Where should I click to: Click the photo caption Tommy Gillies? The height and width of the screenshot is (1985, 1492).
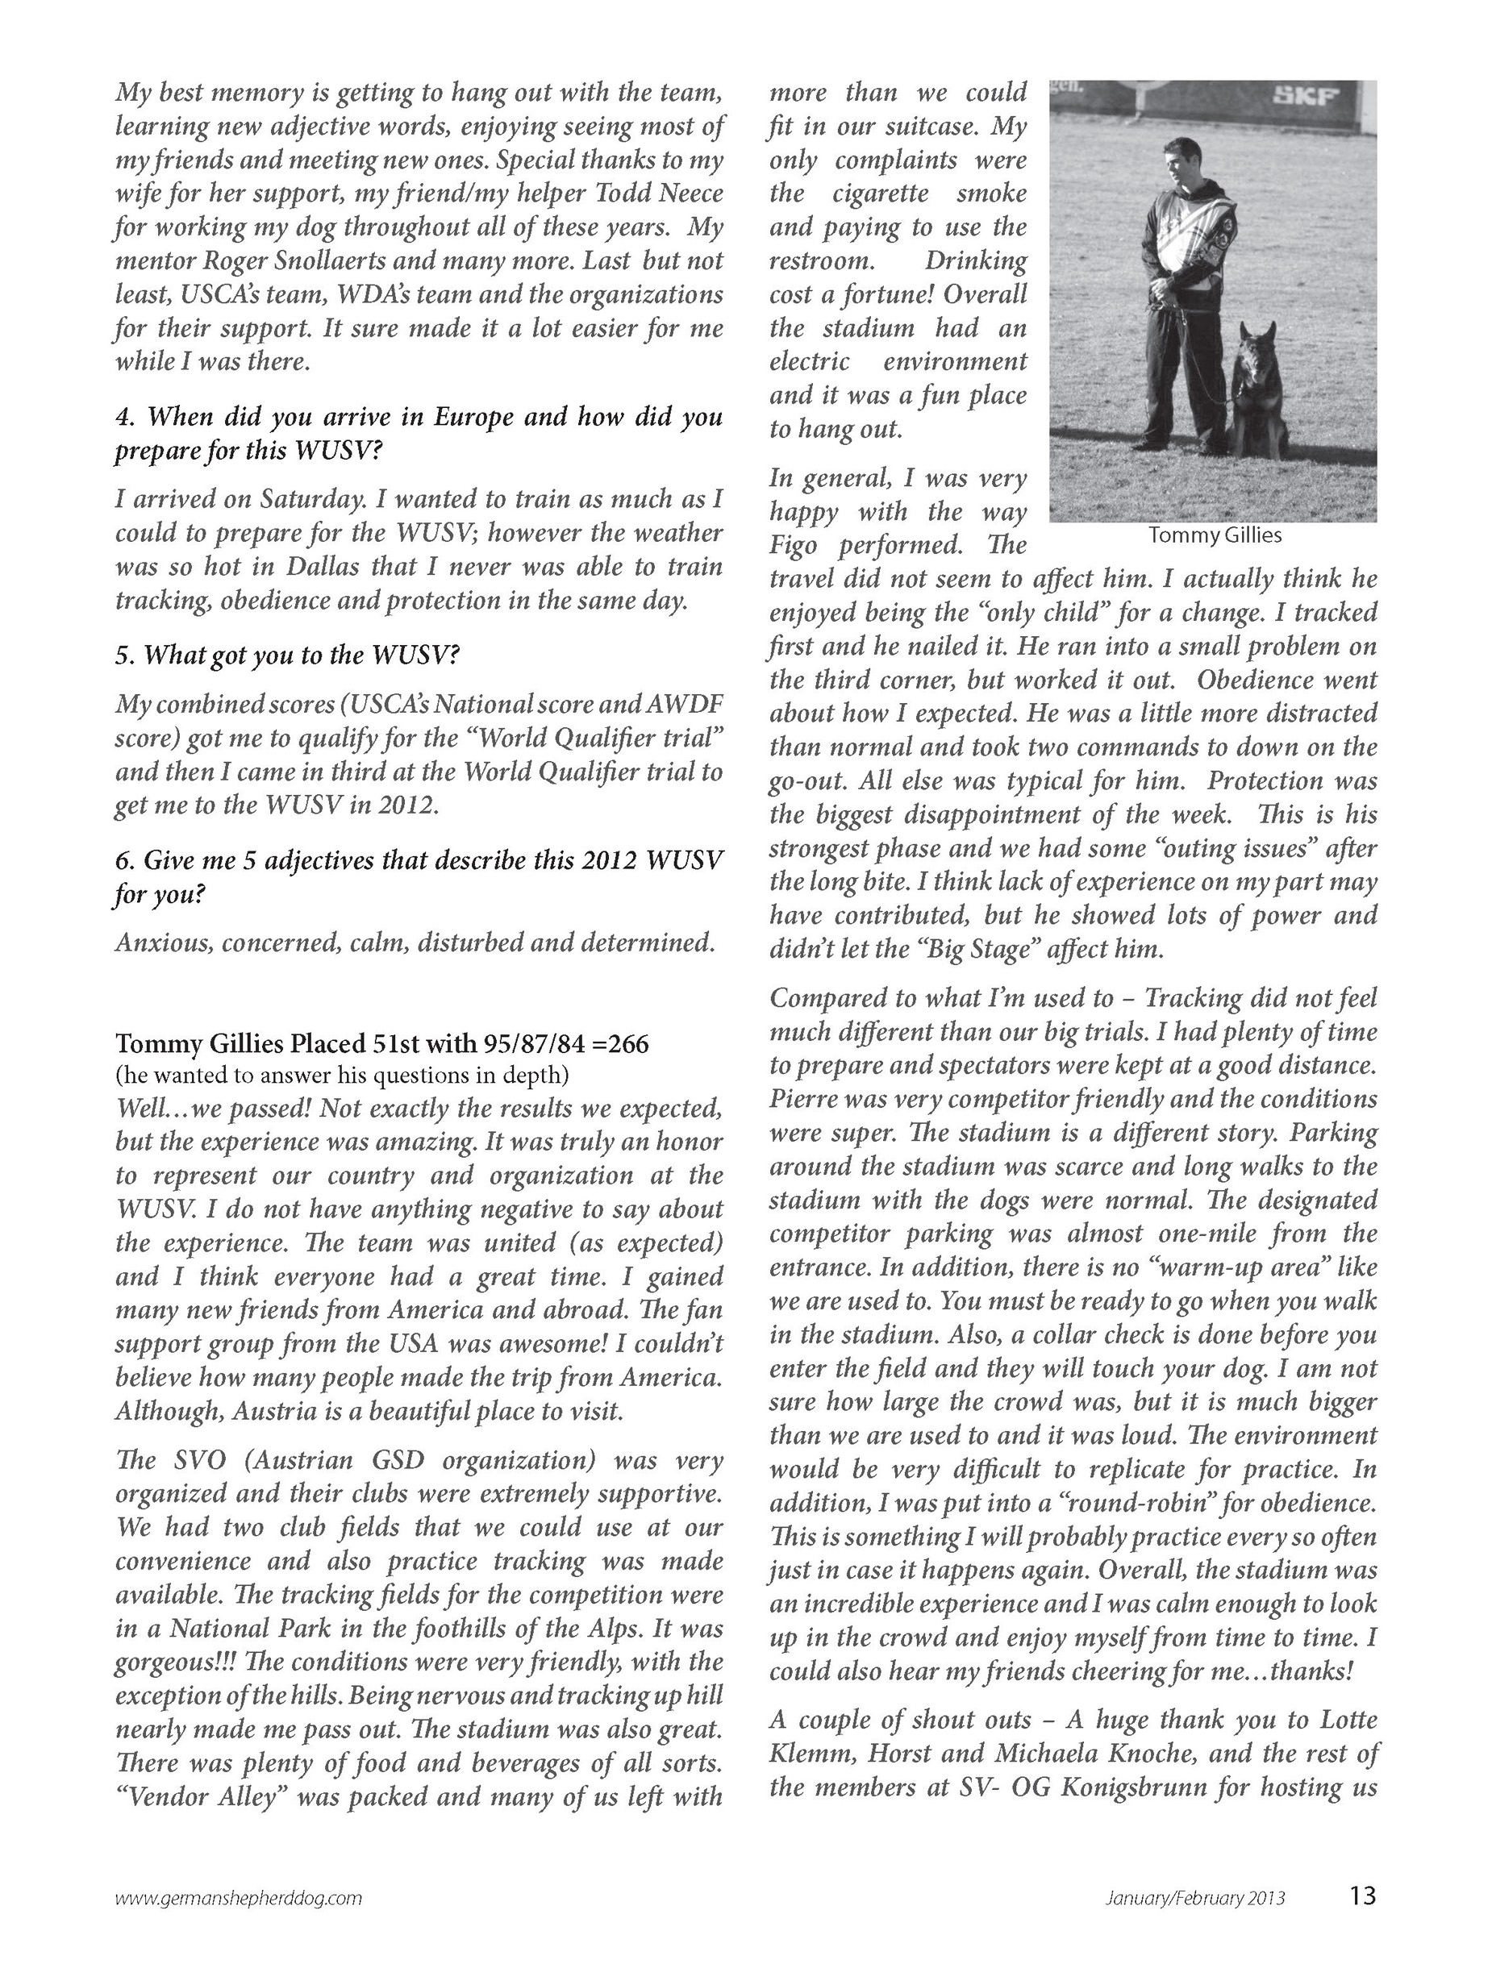point(1215,535)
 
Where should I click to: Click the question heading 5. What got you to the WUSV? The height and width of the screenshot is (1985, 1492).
point(287,655)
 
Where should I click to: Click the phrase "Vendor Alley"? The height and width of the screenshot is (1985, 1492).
point(199,1796)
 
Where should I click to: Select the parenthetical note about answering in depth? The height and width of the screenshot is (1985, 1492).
point(342,1075)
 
